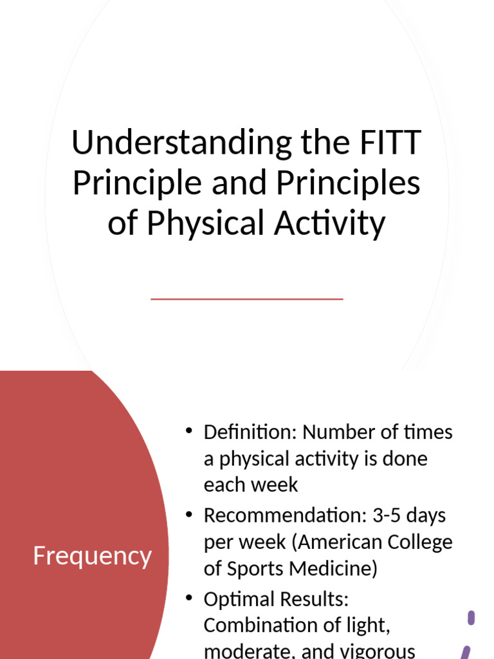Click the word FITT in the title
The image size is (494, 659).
390,142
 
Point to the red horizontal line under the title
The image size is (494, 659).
247,299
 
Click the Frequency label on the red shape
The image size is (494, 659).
92,556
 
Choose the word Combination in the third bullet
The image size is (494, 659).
261,626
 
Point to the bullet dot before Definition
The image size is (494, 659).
188,431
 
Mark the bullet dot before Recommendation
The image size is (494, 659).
188,514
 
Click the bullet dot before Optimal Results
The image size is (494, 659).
188,598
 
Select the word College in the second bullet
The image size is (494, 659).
421,543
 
